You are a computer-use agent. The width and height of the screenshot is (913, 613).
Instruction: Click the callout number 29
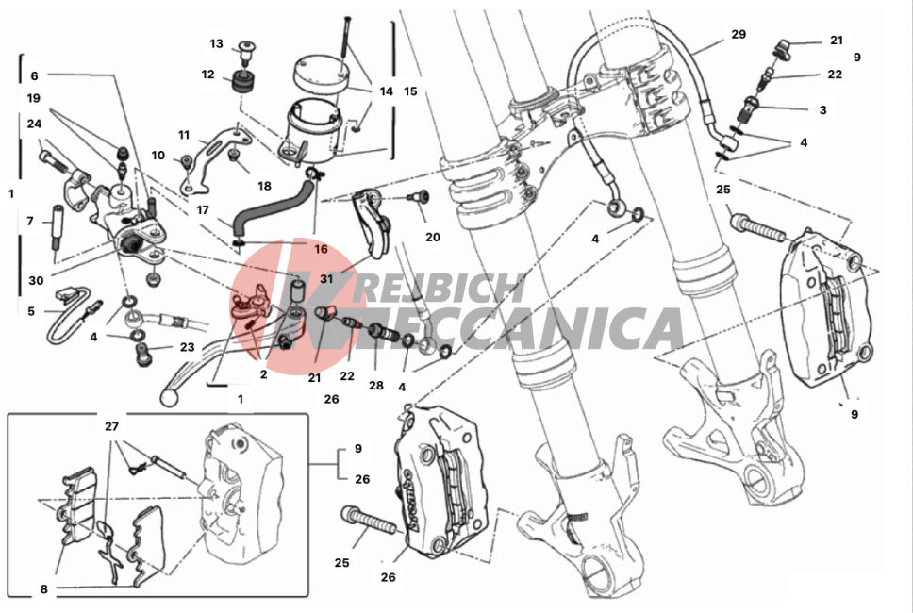pos(739,34)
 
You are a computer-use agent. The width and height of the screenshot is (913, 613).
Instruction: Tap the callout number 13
pos(216,43)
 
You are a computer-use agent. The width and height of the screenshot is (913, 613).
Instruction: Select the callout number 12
pos(207,75)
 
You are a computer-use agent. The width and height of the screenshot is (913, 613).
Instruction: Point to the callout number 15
pos(410,91)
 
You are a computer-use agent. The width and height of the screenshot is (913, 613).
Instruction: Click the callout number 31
pos(326,279)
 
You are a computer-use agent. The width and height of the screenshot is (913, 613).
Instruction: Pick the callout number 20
pos(433,237)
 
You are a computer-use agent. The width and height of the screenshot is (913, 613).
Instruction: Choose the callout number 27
pos(112,426)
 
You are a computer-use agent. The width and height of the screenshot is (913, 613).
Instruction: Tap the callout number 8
pos(43,589)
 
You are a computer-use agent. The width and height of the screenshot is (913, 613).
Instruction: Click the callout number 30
pos(36,281)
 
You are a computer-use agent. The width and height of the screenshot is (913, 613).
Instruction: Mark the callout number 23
pos(187,347)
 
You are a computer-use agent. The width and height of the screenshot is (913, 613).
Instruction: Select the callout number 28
pos(376,385)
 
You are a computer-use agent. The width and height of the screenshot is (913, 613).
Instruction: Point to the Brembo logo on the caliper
pos(413,500)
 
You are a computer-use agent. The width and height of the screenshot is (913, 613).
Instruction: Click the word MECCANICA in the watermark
pos(496,328)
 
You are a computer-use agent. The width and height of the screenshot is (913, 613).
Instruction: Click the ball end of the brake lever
pos(168,397)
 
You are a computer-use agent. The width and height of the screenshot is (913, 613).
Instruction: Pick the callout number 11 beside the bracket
pos(184,135)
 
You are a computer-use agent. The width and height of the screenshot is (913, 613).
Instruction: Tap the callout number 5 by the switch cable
pos(31,311)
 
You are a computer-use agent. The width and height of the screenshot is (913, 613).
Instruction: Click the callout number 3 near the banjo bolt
pos(822,109)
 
